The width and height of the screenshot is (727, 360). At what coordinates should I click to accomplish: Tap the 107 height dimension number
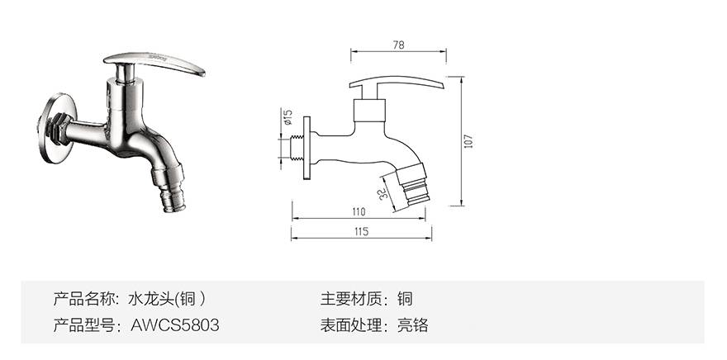coord(468,141)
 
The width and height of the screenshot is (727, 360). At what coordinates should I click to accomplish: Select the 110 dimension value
coord(358,212)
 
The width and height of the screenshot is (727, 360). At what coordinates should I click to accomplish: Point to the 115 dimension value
coord(360,232)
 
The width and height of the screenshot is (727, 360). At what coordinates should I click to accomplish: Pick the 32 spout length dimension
coord(383,194)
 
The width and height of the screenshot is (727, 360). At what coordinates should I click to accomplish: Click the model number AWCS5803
coord(175,325)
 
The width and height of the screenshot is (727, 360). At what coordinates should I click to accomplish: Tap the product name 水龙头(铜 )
coord(168,298)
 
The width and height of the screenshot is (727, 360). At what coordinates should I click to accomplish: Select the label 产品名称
coord(84,298)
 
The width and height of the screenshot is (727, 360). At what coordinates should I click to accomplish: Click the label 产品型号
coord(84,325)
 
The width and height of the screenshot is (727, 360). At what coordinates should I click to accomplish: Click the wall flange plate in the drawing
coord(307,147)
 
